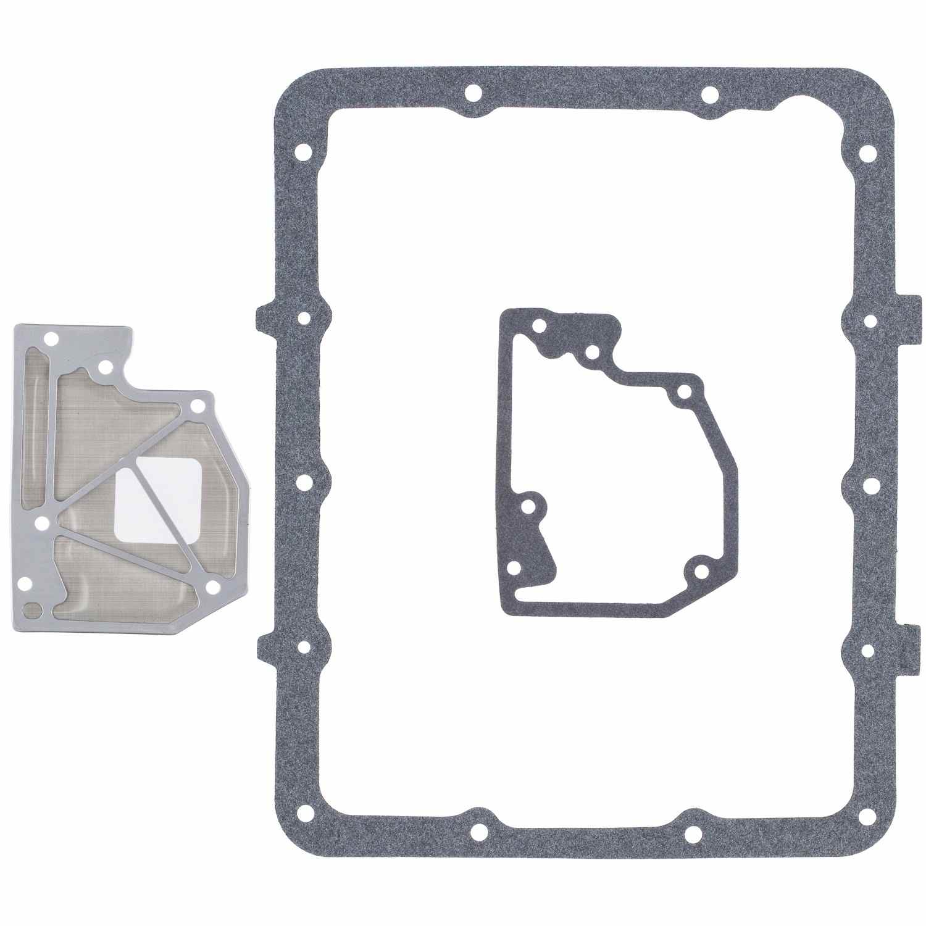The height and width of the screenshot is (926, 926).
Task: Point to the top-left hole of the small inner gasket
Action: [540, 327]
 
